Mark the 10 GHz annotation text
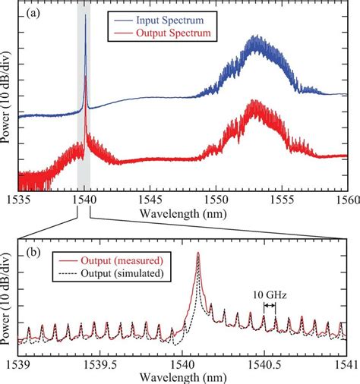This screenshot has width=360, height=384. [x=269, y=292]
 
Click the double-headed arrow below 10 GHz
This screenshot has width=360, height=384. [x=269, y=305]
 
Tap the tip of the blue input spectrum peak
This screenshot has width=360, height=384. [x=85, y=17]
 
